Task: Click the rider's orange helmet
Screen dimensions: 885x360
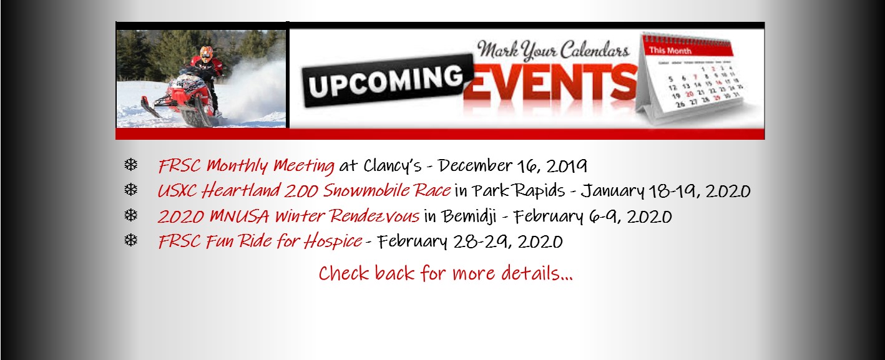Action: [206, 54]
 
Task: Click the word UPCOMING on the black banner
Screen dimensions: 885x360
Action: [386, 81]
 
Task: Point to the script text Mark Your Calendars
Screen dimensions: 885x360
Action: [553, 50]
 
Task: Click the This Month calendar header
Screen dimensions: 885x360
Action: [670, 51]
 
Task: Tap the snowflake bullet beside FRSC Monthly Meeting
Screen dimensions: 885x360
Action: [131, 164]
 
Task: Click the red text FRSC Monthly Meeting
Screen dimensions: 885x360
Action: [246, 165]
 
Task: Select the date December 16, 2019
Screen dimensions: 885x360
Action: [512, 165]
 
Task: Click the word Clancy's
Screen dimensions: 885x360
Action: [393, 165]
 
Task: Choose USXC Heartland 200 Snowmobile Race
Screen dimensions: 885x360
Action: [304, 190]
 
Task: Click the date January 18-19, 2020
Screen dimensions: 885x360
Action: [666, 191]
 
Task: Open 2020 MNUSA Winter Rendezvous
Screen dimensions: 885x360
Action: [288, 216]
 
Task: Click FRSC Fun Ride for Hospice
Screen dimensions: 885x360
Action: [260, 241]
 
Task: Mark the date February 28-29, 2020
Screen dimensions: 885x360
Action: [470, 241]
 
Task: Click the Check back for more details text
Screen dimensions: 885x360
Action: [446, 273]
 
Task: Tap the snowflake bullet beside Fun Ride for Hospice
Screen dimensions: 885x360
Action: [131, 240]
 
